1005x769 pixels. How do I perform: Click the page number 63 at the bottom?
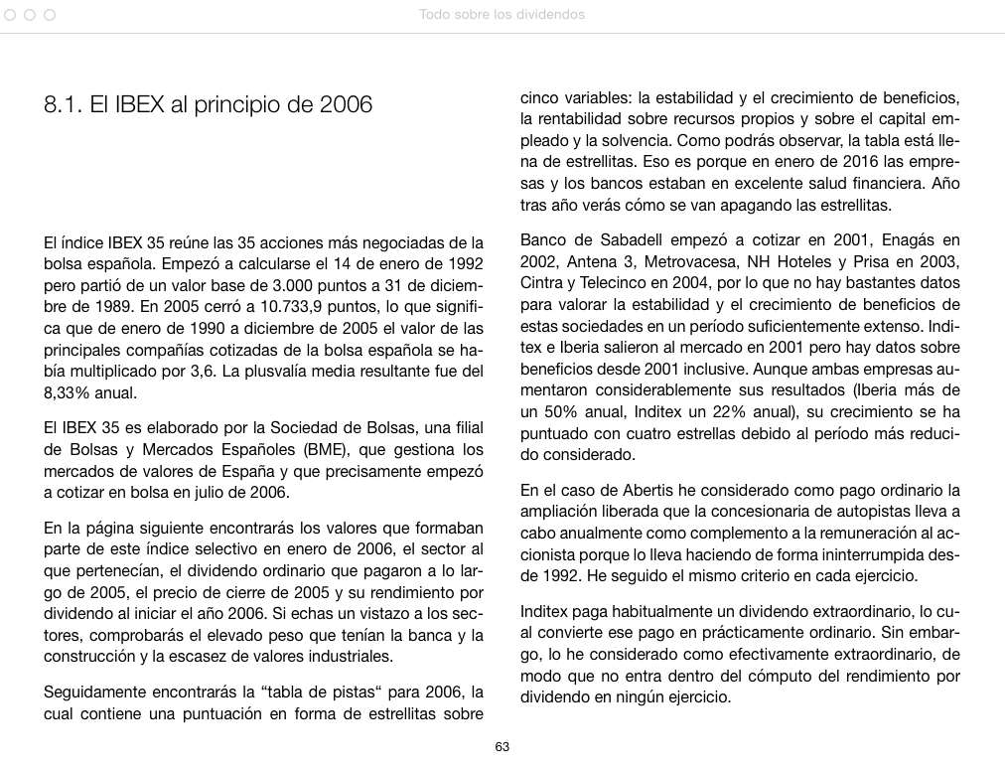tap(502, 747)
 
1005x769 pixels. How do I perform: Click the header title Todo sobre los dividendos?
tap(502, 15)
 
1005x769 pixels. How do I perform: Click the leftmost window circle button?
tap(10, 15)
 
